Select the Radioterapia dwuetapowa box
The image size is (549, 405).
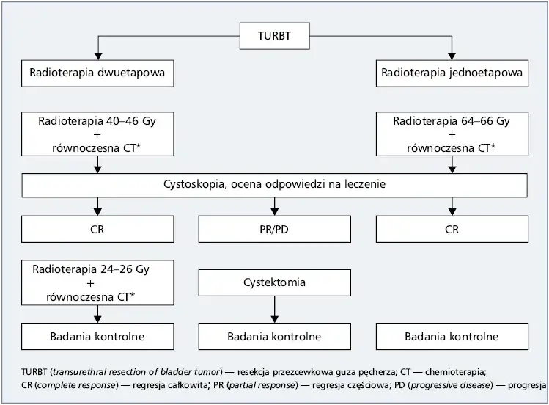97,73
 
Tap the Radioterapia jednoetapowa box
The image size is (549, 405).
452,73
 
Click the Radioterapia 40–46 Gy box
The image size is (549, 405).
97,134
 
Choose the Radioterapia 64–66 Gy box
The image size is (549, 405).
452,134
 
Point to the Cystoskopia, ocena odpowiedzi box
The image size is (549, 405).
274,185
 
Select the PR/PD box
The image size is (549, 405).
274,230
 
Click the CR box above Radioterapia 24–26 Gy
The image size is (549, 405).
97,230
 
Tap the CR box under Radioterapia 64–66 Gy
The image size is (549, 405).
452,230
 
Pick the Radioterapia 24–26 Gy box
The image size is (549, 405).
97,282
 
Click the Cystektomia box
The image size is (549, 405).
274,282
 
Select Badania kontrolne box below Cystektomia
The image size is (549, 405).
274,337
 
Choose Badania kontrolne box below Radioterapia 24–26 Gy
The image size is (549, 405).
97,337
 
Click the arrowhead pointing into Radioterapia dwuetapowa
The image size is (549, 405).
97,56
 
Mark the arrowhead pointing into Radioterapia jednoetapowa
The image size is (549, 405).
452,56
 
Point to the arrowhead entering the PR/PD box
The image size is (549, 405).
274,213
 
